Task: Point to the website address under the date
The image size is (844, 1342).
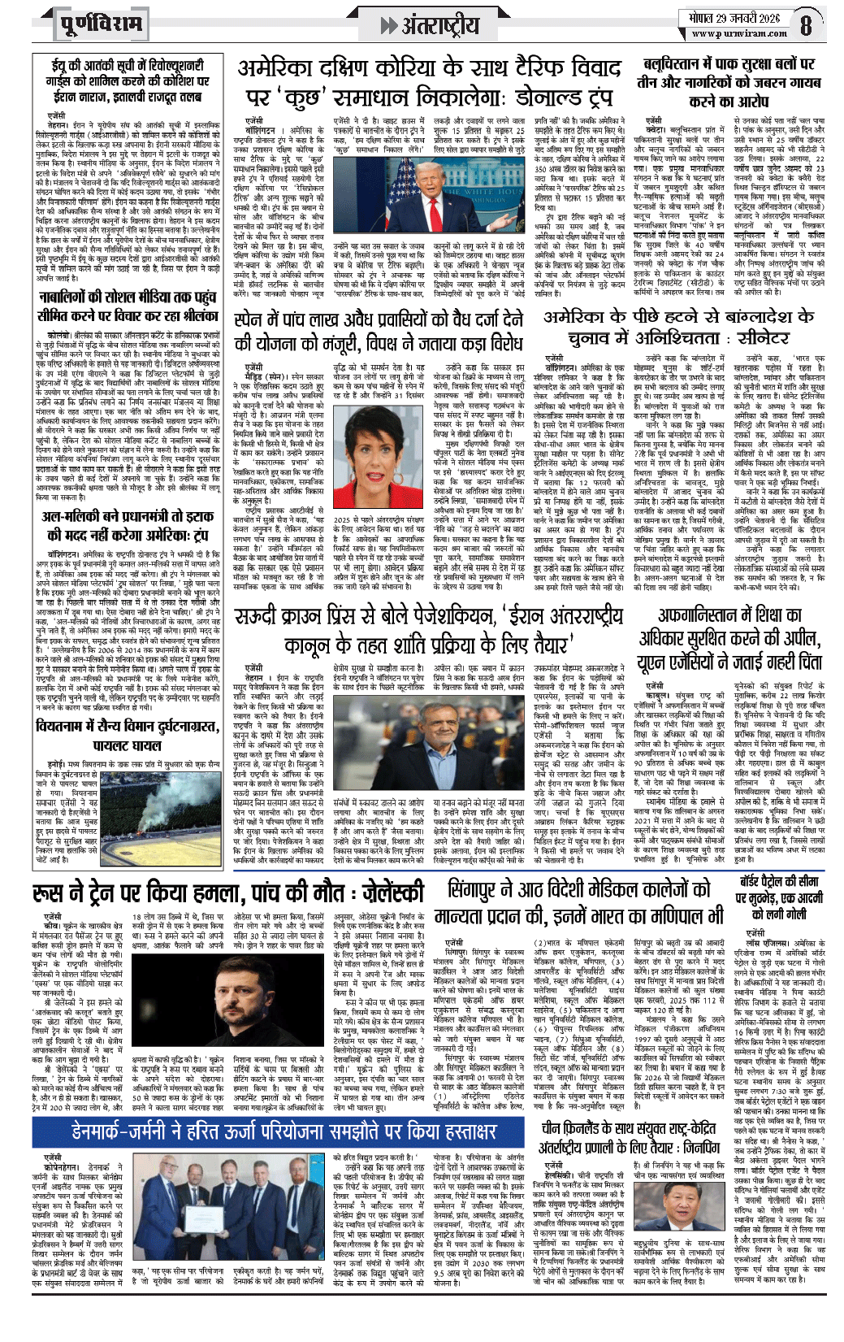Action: click(x=728, y=34)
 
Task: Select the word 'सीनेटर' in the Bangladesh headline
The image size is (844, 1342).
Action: click(x=748, y=337)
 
